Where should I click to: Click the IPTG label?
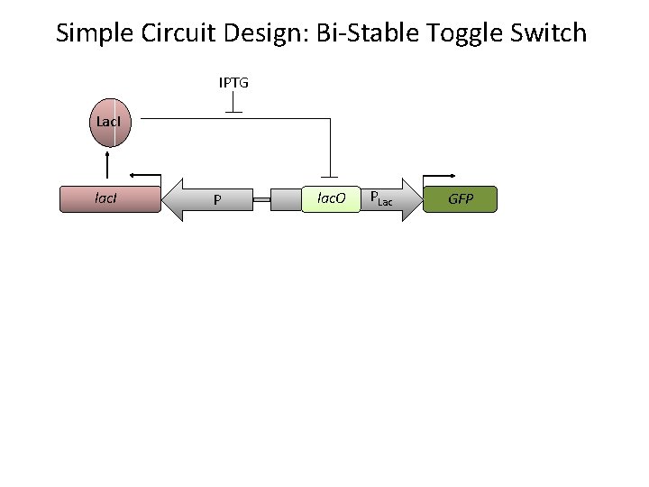coord(233,83)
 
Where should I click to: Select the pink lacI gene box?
coord(109,198)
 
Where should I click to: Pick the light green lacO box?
coord(329,198)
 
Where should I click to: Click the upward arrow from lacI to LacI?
coord(108,166)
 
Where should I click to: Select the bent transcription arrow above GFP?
coord(440,177)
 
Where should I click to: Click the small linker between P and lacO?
coord(261,199)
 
